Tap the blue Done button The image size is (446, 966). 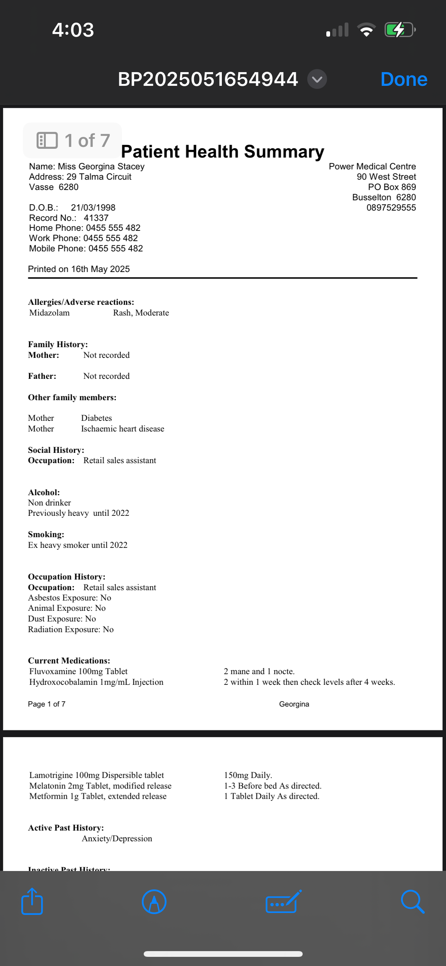click(404, 79)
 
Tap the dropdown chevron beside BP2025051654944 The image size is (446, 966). click(317, 79)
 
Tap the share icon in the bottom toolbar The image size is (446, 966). click(32, 902)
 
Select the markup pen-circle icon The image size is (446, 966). click(154, 902)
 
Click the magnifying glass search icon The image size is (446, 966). click(412, 902)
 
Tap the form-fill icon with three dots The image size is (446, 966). click(283, 902)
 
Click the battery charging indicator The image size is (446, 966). click(399, 30)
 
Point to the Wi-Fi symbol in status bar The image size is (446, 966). click(366, 30)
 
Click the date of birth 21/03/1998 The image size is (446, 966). click(93, 208)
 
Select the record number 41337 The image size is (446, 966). click(96, 218)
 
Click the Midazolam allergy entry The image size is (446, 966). click(50, 313)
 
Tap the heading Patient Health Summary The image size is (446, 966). click(223, 151)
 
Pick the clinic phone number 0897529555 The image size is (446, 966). click(391, 208)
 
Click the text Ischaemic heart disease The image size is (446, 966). click(122, 429)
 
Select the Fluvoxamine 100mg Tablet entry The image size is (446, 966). click(78, 671)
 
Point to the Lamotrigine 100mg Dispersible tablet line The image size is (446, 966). click(96, 775)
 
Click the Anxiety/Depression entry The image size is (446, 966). click(117, 839)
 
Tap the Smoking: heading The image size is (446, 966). click(46, 535)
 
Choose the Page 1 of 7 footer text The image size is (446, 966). click(47, 704)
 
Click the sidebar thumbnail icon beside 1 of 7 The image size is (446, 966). click(47, 140)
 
